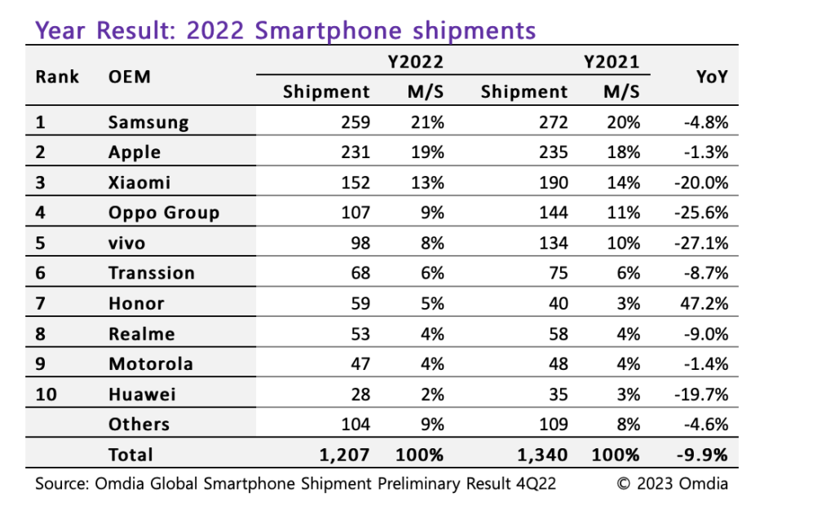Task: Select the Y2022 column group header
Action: [x=414, y=61]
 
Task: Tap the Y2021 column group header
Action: [x=612, y=61]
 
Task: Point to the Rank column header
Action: [x=57, y=77]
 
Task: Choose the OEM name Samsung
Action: [x=148, y=122]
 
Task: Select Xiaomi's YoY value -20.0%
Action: [x=701, y=183]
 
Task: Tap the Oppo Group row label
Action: [x=164, y=213]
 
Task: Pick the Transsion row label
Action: [x=152, y=273]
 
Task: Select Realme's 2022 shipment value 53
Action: [x=359, y=333]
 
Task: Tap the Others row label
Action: [x=139, y=424]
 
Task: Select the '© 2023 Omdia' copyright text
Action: [x=672, y=483]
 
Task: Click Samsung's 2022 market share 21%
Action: [x=426, y=122]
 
